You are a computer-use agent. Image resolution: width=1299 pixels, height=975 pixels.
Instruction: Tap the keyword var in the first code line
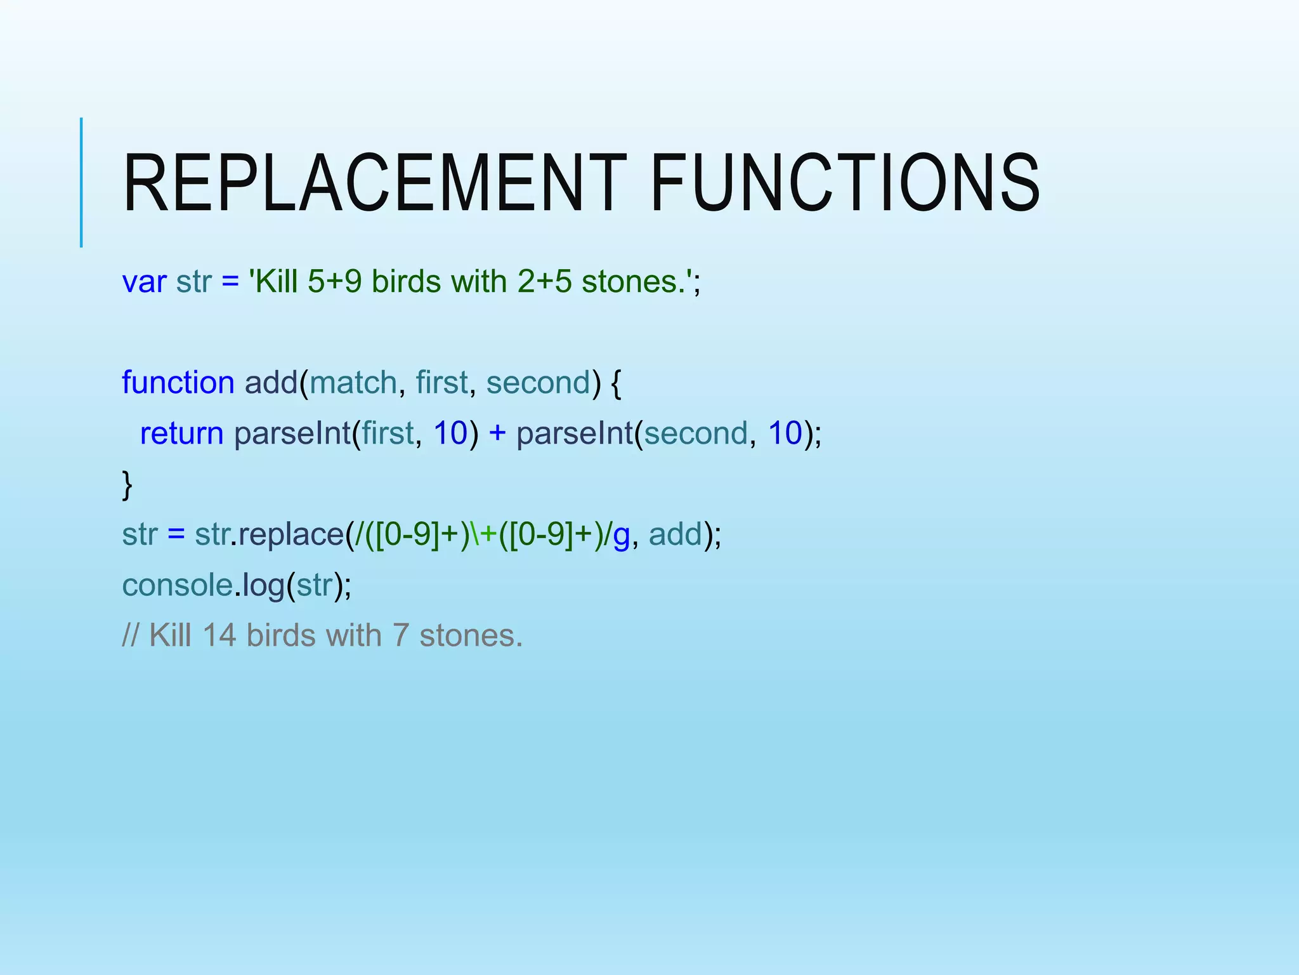[x=144, y=281]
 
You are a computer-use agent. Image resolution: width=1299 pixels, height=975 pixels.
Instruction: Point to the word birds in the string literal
[x=406, y=281]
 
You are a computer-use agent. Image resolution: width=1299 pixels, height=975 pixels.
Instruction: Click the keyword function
[x=178, y=382]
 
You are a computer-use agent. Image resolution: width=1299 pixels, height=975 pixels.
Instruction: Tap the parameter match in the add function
[x=353, y=382]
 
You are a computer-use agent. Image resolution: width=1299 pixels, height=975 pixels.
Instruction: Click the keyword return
[x=181, y=433]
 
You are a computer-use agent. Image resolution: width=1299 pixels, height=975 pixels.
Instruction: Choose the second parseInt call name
[x=575, y=433]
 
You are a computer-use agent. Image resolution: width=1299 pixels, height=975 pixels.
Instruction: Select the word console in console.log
[x=177, y=585]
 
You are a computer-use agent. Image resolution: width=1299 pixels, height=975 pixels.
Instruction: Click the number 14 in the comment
[x=219, y=635]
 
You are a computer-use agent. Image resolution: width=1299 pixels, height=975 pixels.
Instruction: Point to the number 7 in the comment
[x=400, y=635]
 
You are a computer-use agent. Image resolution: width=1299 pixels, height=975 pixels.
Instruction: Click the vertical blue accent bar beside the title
[x=81, y=182]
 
